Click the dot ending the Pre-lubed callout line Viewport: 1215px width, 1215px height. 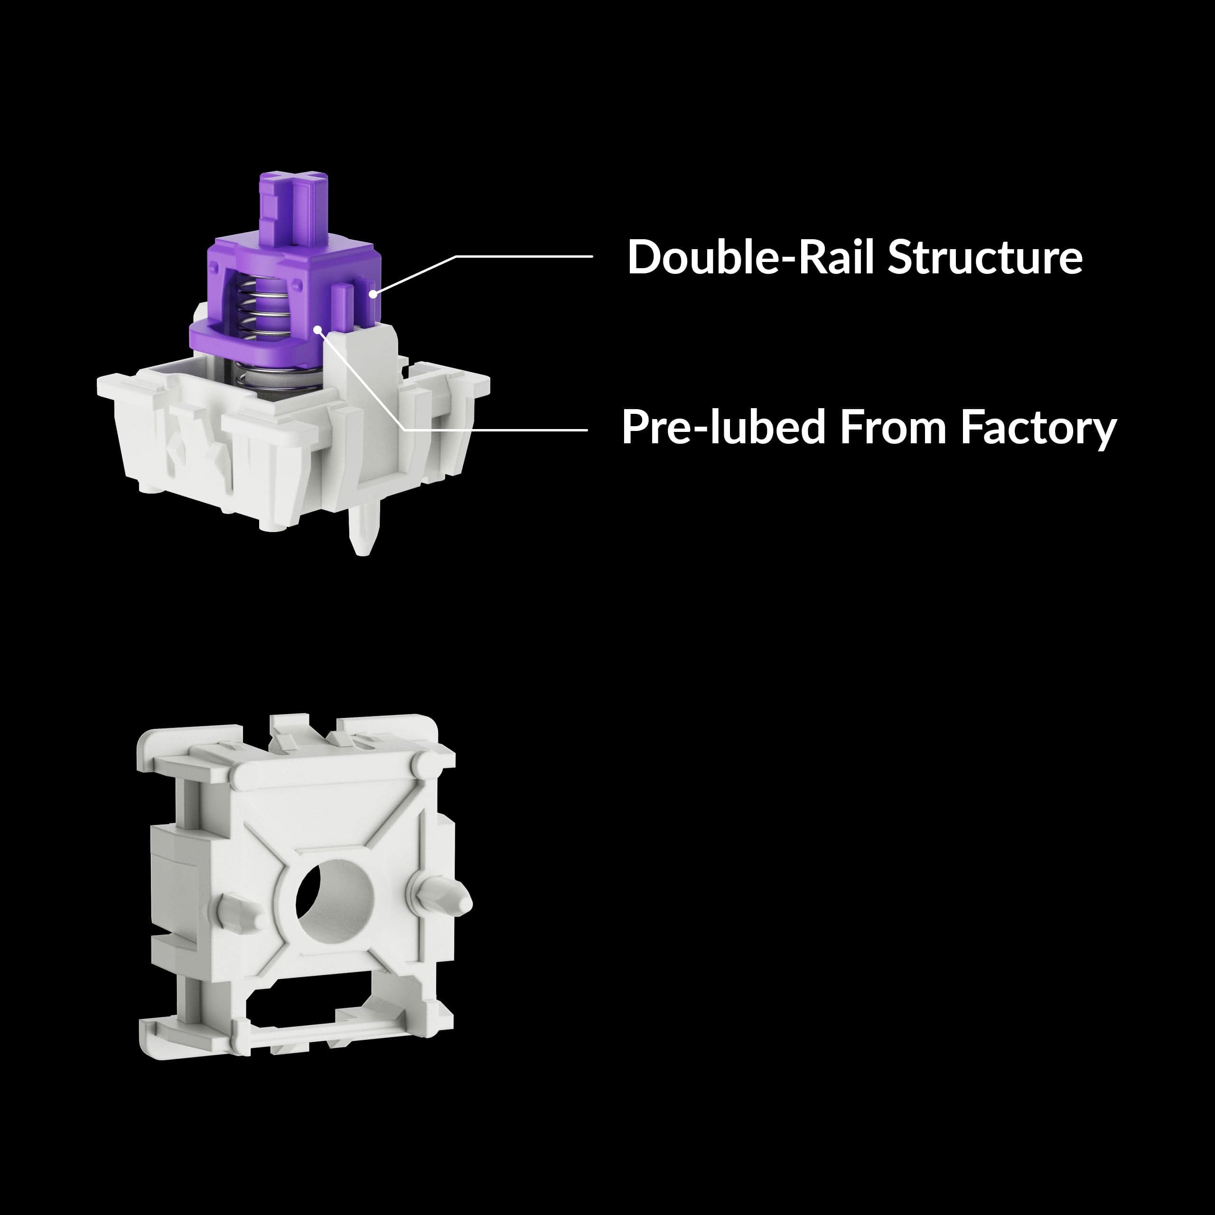click(x=318, y=328)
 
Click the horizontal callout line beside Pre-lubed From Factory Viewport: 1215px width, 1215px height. click(x=497, y=430)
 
